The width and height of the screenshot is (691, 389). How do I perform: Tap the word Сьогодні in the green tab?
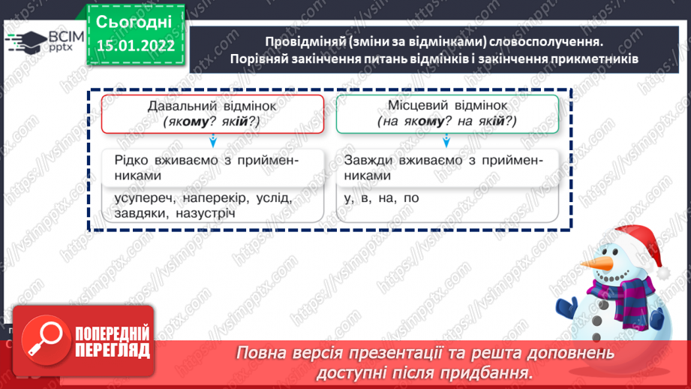(135, 21)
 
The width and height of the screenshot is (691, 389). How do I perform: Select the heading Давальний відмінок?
(212, 107)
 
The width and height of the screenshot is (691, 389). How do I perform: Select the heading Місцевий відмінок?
(446, 107)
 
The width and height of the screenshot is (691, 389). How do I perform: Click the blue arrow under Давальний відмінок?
(213, 140)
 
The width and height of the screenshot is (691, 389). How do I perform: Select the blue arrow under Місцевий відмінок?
(446, 140)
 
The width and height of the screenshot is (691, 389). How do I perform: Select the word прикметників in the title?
(593, 59)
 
